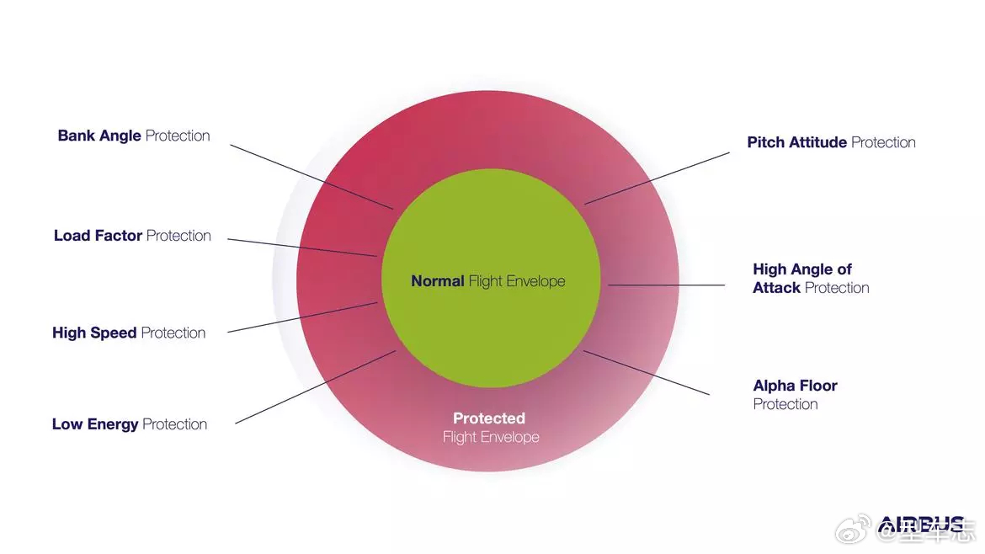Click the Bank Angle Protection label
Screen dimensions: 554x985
(134, 136)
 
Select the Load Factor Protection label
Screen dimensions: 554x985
(132, 236)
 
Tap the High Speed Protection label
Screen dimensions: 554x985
(129, 333)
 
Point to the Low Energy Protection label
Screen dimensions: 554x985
(130, 424)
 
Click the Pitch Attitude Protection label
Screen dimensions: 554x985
(831, 142)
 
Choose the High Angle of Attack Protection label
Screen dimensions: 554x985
(810, 279)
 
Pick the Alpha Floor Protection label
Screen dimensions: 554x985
(795, 394)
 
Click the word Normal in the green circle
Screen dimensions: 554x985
(437, 281)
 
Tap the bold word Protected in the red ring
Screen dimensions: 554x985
(489, 418)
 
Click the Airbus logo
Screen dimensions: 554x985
(921, 525)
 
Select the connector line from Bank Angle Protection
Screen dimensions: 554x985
(311, 176)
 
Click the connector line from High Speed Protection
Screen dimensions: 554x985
(302, 317)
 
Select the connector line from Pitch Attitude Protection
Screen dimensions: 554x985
(658, 178)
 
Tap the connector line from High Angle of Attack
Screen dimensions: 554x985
(666, 285)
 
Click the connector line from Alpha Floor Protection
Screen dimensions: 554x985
(647, 373)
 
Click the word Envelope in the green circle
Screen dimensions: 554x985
(537, 281)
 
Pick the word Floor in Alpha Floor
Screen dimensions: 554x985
(818, 386)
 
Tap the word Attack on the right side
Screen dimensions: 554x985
(776, 288)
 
